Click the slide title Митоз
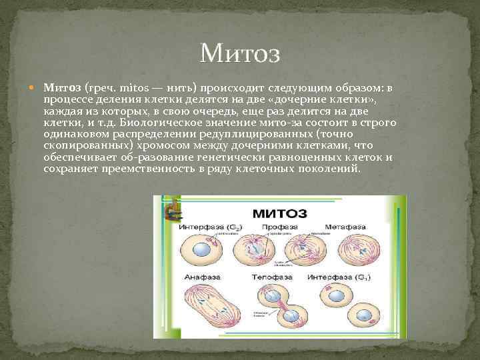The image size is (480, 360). pos(239,52)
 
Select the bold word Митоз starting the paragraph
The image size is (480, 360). pos(63,87)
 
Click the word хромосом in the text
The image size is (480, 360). pos(177,146)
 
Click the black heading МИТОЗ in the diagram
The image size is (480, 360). pos(279,213)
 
